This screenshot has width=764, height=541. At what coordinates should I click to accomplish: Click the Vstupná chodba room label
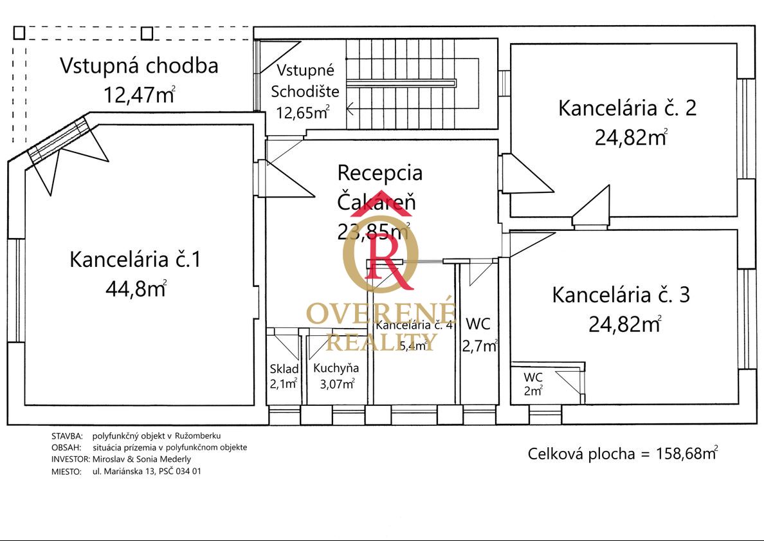point(139,66)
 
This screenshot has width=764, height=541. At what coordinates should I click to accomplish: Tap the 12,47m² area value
point(138,95)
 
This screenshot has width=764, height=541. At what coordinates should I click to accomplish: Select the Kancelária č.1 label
point(135,260)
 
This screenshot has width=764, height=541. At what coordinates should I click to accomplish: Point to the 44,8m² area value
point(135,289)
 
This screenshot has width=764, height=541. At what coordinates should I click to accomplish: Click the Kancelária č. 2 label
point(627,108)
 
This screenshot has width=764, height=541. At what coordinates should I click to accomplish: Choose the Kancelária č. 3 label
point(621,295)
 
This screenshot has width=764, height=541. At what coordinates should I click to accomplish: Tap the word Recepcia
point(380,172)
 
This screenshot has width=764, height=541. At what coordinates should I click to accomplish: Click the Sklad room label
point(284,369)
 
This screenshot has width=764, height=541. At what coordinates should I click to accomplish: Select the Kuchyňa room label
point(336,369)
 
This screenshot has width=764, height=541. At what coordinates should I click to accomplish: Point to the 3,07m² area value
point(337,384)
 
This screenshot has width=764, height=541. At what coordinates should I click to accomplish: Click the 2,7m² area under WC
point(479,345)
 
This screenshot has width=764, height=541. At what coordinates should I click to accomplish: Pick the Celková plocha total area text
point(622,454)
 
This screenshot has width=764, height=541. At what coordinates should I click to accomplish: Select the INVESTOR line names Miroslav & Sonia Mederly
point(141,459)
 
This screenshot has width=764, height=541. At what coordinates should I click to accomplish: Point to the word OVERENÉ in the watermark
point(381,313)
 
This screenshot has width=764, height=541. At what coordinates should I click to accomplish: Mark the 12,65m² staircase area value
point(302,113)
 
